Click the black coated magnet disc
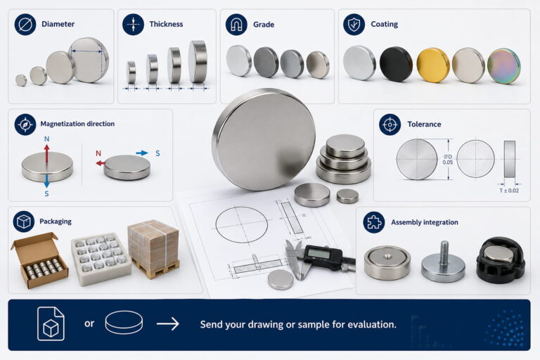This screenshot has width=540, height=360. tap(396, 64)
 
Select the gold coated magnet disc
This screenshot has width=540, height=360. tap(433, 65)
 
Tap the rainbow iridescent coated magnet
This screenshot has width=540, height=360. tap(504, 66)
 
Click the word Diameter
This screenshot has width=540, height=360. tap(58, 24)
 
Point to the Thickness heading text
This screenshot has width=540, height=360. tap(166, 24)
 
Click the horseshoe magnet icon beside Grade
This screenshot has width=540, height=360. tap(236, 25)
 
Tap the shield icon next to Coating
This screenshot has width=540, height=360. tap(354, 25)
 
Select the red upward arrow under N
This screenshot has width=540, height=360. tap(47, 153)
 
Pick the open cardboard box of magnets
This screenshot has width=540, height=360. tap(39, 260)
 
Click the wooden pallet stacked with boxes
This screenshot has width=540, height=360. tap(154, 249)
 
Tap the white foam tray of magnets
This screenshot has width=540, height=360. tap(101, 259)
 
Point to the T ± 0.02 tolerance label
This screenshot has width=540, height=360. tap(509, 191)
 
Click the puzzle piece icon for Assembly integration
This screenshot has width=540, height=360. tap(373, 222)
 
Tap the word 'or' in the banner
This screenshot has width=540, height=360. tap(89, 324)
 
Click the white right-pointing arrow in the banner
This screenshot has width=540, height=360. tap(168, 324)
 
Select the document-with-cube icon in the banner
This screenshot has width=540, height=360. tap(51, 324)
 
